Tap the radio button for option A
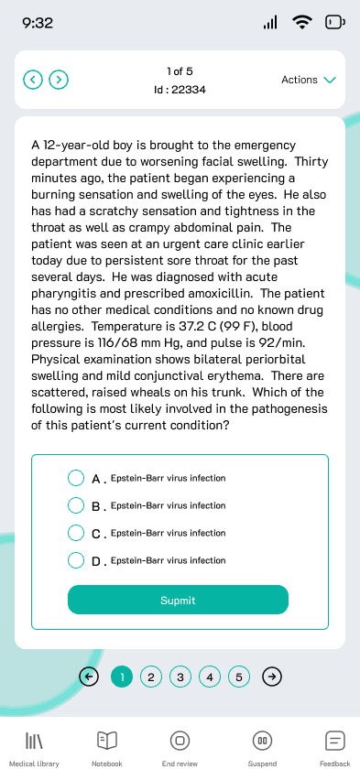tap(76, 478)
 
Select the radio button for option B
tap(76, 505)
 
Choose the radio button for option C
tap(76, 533)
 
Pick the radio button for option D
tap(76, 560)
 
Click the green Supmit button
tap(178, 600)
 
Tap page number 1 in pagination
tap(121, 677)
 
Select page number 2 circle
tap(151, 677)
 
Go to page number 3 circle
tap(180, 677)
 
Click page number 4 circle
tap(210, 677)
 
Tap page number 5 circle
tap(239, 677)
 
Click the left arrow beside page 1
tap(89, 677)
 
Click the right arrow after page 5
tap(272, 677)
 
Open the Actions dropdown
tap(308, 80)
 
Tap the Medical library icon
tap(34, 740)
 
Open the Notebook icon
tap(106, 740)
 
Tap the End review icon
tap(180, 740)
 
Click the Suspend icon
tap(262, 740)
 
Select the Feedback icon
tap(334, 740)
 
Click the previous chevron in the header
tap(33, 80)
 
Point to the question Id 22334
tap(180, 90)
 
